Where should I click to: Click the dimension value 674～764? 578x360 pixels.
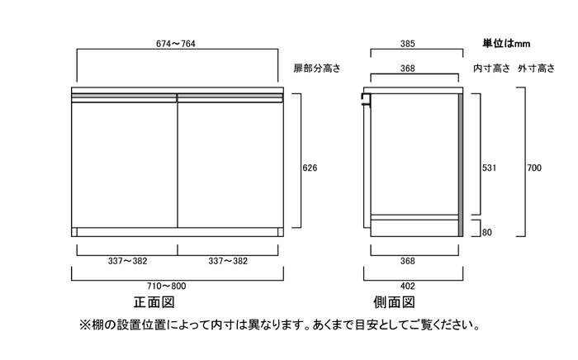tap(175, 44)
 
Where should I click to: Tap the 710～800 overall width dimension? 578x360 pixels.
tap(166, 286)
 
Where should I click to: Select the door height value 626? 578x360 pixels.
tap(310, 168)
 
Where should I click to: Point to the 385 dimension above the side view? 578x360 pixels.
tap(407, 44)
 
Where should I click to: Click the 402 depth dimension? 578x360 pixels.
tap(407, 286)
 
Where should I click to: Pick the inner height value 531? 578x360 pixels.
tap(489, 168)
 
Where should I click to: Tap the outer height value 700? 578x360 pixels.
tap(534, 168)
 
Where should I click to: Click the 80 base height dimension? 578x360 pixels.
tap(487, 233)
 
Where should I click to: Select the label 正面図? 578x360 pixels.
tap(154, 302)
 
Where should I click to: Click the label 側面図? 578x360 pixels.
tap(394, 302)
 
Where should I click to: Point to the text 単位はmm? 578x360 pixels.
tap(506, 44)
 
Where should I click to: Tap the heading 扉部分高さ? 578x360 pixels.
tap(317, 69)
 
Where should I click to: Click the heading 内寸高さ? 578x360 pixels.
tap(492, 69)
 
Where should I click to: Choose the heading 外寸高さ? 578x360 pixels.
tap(537, 69)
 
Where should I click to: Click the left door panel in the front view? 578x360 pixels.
tap(124, 164)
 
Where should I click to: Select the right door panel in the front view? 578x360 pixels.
tap(230, 164)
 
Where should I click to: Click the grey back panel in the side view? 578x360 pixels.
tap(461, 164)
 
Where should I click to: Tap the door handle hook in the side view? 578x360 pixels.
tap(366, 99)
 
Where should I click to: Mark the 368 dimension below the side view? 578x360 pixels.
tap(407, 261)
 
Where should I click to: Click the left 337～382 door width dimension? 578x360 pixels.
tap(127, 261)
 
